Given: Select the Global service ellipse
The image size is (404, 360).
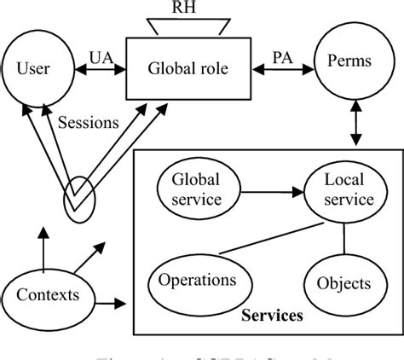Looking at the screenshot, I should coord(195,190).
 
